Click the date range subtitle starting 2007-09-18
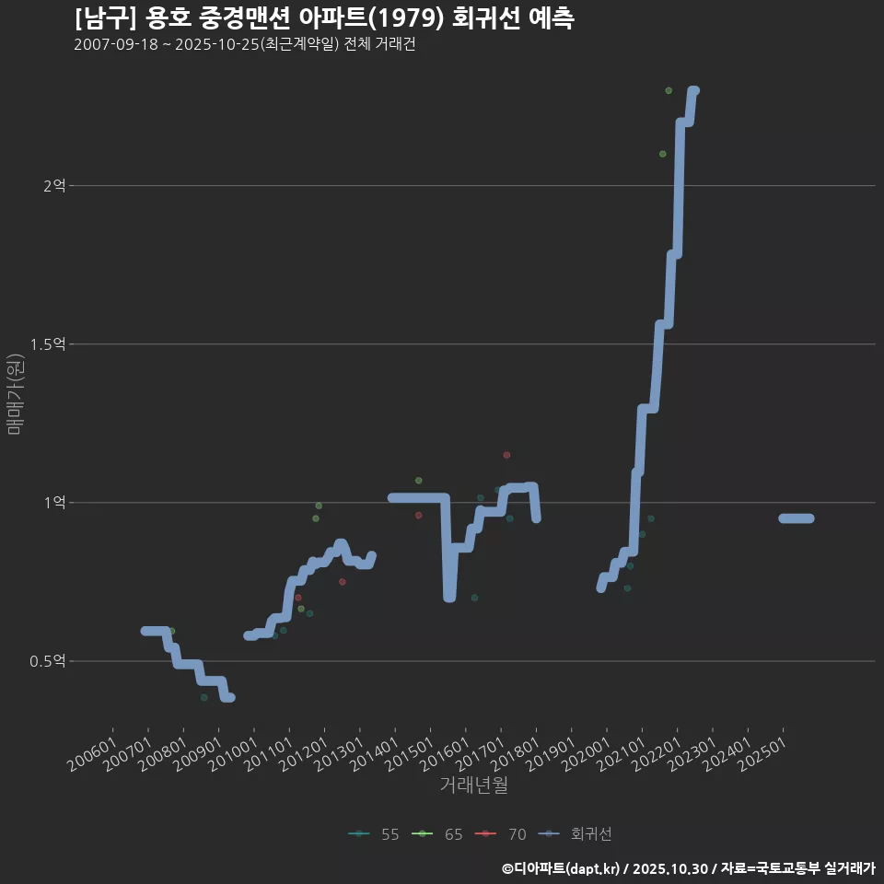pos(244,45)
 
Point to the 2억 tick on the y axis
pos(54,186)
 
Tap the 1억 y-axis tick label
pos(54,503)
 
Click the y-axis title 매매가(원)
pos(16,394)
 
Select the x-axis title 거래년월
pos(473,785)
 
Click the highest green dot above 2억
pos(669,90)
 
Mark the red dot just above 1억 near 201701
pos(506,455)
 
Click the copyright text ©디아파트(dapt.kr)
pos(563,868)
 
